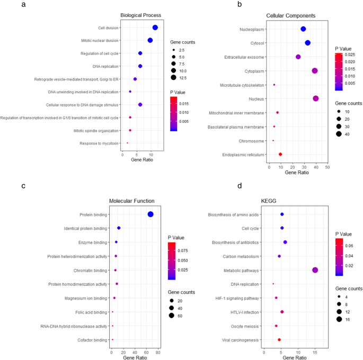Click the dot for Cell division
[155, 28]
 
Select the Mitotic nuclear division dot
[150, 40]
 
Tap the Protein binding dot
[150, 214]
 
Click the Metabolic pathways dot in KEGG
[315, 270]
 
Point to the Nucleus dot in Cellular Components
[316, 98]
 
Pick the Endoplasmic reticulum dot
[280, 154]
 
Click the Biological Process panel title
[141, 15]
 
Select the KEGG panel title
[269, 201]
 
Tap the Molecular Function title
[131, 201]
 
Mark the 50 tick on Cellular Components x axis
[327, 167]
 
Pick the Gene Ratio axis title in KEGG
[297, 358]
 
